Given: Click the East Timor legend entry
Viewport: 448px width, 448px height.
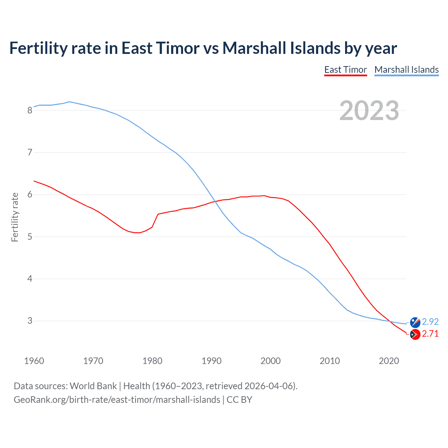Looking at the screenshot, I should click(345, 70).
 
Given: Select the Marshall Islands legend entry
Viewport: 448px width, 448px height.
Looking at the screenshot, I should click(406, 70).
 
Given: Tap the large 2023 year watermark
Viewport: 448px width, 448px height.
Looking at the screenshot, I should click(369, 111).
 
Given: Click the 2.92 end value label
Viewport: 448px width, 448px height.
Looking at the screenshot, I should click(430, 322).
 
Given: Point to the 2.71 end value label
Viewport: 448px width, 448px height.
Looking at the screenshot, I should click(430, 334).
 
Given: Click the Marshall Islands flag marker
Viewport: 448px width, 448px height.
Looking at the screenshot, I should click(415, 322).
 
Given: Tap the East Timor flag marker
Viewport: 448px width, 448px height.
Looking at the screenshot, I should click(415, 335).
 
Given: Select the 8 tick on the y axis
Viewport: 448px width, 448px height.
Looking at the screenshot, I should click(30, 111).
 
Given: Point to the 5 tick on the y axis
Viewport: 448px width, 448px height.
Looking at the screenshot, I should click(30, 237).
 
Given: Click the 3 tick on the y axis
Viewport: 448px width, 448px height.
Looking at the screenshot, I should click(30, 321).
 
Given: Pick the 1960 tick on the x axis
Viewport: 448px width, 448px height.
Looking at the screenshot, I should click(34, 361).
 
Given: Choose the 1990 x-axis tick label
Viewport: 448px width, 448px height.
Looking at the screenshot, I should click(211, 361).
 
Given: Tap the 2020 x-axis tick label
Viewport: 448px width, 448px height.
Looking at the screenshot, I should click(389, 361).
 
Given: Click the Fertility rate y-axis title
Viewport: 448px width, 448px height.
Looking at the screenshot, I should click(15, 217).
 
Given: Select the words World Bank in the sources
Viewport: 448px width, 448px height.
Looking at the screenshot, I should click(93, 386).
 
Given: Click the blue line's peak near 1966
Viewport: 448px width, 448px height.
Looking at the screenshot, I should click(69, 102).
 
